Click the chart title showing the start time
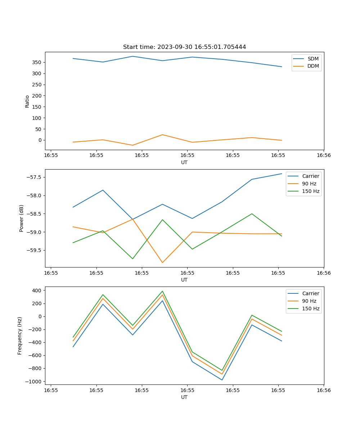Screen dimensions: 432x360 pyautogui.click(x=184, y=47)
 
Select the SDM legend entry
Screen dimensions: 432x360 pyautogui.click(x=313, y=59)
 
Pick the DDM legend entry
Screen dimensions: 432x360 pyautogui.click(x=313, y=66)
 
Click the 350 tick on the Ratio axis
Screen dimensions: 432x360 pyautogui.click(x=37, y=62)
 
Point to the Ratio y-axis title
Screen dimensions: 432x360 pyautogui.click(x=27, y=101)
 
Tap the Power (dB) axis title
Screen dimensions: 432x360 pyautogui.click(x=22, y=218)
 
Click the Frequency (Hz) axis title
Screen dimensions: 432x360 pyautogui.click(x=20, y=336)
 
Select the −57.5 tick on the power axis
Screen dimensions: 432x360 pyautogui.click(x=34, y=177)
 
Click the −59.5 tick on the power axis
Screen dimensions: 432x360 pyautogui.click(x=34, y=250)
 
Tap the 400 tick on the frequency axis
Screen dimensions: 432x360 pyautogui.click(x=38, y=290)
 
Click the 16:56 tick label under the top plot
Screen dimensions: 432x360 pyautogui.click(x=324, y=155)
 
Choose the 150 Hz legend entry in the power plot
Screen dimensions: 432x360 pyautogui.click(x=311, y=191)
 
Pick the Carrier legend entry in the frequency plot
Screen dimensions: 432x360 pyautogui.click(x=310, y=293)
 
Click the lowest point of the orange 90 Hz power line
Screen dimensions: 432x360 pyautogui.click(x=162, y=262)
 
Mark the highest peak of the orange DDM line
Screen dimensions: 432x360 pyautogui.click(x=162, y=135)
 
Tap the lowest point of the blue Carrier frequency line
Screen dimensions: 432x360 pyautogui.click(x=222, y=380)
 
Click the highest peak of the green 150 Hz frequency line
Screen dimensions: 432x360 pyautogui.click(x=162, y=291)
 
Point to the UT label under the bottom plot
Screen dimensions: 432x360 pyautogui.click(x=184, y=397)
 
